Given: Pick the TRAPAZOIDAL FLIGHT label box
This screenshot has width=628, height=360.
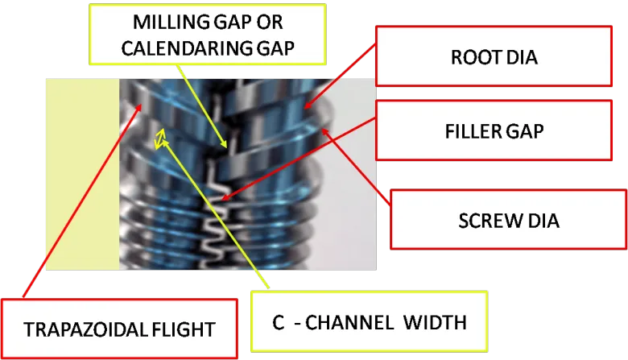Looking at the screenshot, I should pos(118,329).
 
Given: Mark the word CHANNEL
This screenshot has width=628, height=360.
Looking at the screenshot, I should pos(359,324).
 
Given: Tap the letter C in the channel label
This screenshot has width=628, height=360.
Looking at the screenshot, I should pos(278,324).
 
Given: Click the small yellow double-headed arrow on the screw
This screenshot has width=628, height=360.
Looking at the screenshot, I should pos(160,139).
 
